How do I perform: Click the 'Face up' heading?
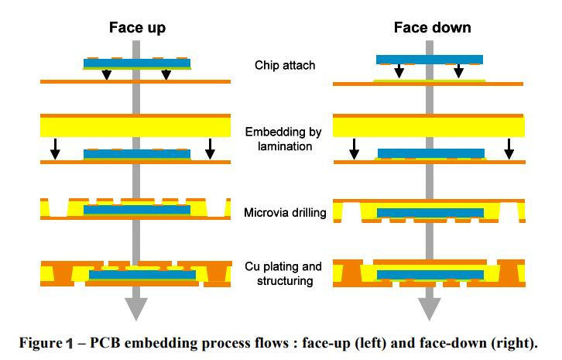tap(136, 28)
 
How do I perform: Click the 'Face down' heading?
tap(432, 28)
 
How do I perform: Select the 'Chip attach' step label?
tap(285, 65)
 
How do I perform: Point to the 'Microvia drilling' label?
tap(284, 212)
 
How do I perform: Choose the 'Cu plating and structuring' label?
tap(284, 274)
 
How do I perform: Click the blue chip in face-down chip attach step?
tap(429, 59)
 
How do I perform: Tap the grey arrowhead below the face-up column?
tap(136, 308)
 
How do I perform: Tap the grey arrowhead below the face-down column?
tap(429, 308)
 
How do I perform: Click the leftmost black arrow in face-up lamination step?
tap(55, 149)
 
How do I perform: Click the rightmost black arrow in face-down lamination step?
tap(509, 149)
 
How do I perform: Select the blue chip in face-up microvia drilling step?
tap(136, 210)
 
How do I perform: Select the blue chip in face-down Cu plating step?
tap(429, 275)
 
